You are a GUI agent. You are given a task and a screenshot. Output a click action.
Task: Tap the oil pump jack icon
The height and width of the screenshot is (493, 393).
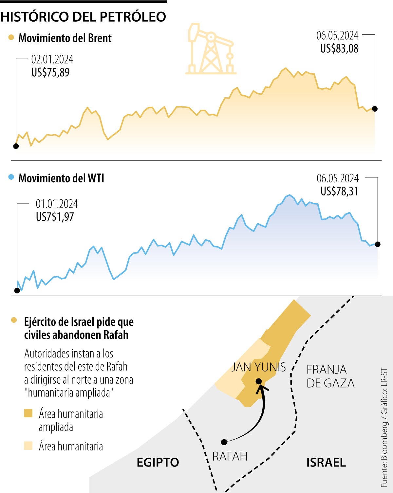[211, 49]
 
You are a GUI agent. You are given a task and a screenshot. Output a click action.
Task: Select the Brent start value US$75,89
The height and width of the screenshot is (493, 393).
[50, 72]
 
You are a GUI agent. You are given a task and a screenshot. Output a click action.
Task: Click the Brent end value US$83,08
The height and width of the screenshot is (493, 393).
[339, 49]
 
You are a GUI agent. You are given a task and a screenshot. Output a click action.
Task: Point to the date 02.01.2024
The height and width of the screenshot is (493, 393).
[52, 60]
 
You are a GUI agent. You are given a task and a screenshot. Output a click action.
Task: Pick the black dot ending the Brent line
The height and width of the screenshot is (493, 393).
[375, 109]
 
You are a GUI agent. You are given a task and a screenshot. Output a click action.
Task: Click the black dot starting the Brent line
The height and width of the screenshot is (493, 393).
[16, 146]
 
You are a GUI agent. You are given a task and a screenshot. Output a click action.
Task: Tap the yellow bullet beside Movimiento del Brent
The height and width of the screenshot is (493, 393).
[11, 37]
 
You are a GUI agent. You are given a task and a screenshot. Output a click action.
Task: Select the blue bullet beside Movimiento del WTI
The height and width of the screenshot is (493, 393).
[11, 177]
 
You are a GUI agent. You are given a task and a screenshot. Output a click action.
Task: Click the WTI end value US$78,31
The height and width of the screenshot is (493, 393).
[339, 191]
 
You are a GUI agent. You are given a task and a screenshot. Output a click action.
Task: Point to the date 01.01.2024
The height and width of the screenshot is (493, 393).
[57, 204]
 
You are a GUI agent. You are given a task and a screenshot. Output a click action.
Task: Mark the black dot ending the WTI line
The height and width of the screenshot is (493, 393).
[378, 244]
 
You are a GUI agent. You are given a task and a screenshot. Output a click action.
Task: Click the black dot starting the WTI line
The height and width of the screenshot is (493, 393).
[17, 290]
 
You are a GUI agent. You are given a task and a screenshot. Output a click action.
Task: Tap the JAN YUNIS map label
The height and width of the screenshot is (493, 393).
[258, 367]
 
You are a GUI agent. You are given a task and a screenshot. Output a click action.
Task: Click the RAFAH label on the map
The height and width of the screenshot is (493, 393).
[230, 456]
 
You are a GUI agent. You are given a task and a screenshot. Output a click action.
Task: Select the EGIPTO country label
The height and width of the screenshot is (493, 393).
[158, 463]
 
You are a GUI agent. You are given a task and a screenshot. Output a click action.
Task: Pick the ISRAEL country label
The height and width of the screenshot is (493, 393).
[326, 463]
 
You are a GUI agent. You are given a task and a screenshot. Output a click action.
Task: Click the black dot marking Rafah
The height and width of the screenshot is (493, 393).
[224, 442]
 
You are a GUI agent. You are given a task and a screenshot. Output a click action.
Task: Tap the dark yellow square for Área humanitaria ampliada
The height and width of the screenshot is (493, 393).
[28, 413]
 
